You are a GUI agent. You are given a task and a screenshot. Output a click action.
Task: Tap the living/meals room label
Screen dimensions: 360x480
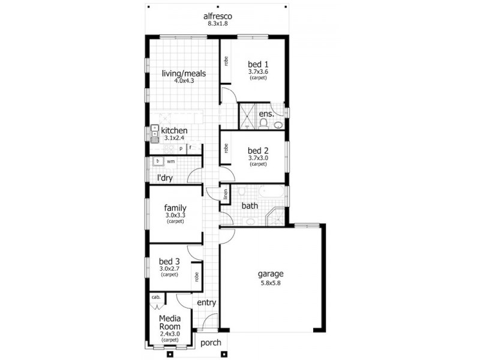(x=184, y=74)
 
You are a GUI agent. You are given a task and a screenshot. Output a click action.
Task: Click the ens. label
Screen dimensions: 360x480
(x=266, y=113)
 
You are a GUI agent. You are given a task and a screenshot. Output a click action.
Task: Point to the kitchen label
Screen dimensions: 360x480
(x=174, y=130)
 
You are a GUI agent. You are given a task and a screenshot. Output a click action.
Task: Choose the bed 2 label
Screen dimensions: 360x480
(x=258, y=150)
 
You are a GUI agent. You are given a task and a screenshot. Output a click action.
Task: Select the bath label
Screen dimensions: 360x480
(x=250, y=206)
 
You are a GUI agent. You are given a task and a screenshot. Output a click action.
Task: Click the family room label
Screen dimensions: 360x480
(x=175, y=208)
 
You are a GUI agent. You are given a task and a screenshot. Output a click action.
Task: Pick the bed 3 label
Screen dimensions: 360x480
(x=169, y=261)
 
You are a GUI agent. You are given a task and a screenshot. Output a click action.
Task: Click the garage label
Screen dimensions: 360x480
(x=271, y=274)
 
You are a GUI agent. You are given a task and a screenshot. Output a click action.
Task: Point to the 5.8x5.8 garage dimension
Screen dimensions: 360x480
(x=271, y=283)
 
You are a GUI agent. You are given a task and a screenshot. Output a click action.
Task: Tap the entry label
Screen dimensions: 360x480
(x=206, y=303)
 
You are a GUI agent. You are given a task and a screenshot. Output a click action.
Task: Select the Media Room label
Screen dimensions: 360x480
(x=170, y=323)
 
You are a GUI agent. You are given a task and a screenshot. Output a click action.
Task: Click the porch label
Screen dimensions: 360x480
(x=210, y=343)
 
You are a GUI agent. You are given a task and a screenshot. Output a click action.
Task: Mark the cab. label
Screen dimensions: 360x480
(x=155, y=297)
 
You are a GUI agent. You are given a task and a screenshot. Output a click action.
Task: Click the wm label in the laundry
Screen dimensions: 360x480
(x=170, y=161)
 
